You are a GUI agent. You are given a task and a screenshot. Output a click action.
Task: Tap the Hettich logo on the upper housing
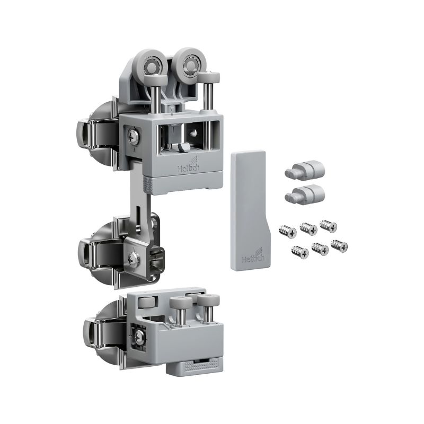(x=189, y=166)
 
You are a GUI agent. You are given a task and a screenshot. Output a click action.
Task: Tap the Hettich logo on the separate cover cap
(x=253, y=255)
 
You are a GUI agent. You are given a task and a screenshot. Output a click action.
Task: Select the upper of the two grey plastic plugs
(x=304, y=170)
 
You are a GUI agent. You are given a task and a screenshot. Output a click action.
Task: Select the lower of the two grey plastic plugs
(x=304, y=194)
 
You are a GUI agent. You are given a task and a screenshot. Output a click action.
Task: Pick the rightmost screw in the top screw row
(x=328, y=226)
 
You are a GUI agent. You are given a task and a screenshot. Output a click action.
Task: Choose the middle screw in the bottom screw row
(x=320, y=249)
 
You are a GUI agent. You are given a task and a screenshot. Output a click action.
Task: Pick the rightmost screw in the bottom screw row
(x=339, y=246)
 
